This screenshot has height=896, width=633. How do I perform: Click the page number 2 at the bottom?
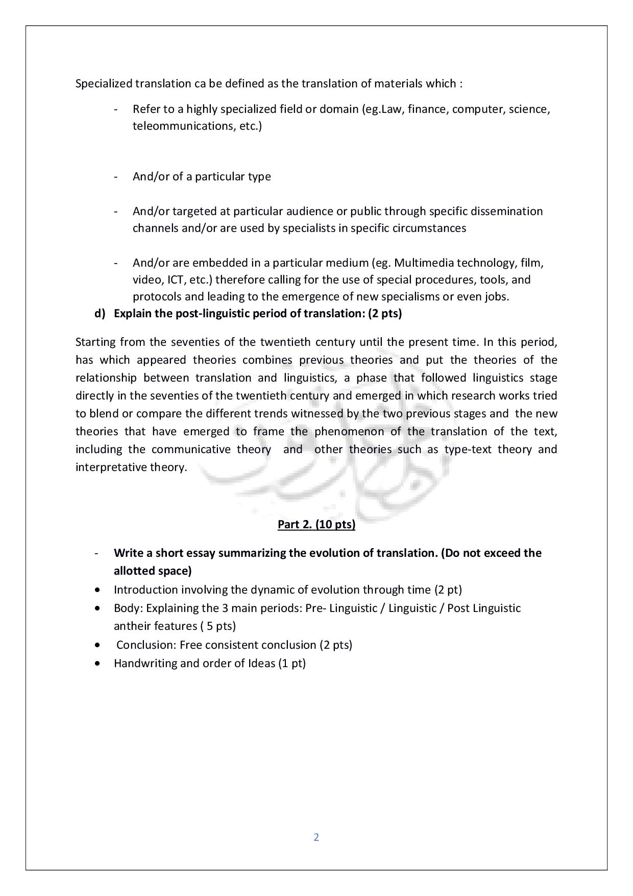click(316, 837)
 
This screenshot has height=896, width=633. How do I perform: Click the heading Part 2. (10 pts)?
click(316, 525)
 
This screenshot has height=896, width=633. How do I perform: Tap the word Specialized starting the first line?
click(104, 83)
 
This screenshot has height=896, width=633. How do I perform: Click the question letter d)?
click(100, 314)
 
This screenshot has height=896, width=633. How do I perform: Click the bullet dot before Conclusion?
click(98, 645)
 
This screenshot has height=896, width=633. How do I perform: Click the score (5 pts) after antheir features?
click(218, 626)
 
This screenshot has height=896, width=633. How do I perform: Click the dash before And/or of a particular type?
click(116, 177)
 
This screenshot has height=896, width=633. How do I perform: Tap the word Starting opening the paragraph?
click(95, 342)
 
